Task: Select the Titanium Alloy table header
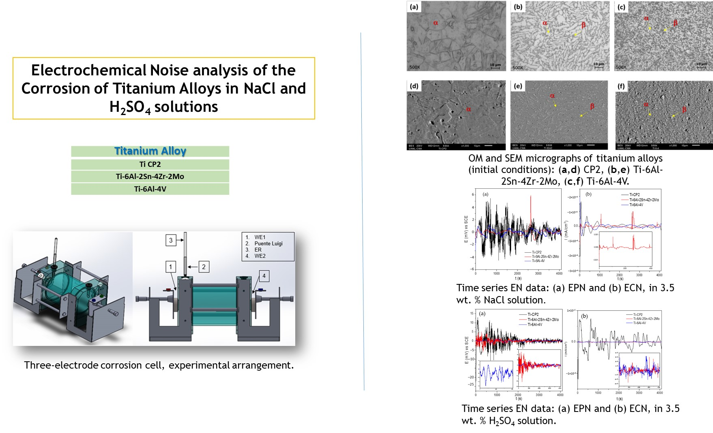click(x=150, y=151)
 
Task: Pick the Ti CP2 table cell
click(x=150, y=164)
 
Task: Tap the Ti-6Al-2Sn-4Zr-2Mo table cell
click(x=150, y=176)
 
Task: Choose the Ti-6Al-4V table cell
click(x=150, y=189)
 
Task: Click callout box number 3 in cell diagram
click(x=171, y=240)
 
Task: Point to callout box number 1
click(x=171, y=267)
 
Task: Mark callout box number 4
click(x=264, y=276)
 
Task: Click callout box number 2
click(x=204, y=267)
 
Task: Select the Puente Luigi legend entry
click(x=268, y=243)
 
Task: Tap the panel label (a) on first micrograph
click(x=414, y=7)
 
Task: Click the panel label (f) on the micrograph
click(x=621, y=86)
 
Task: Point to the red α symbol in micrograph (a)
click(x=436, y=23)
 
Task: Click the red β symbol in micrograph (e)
click(x=592, y=106)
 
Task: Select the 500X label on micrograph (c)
click(x=621, y=67)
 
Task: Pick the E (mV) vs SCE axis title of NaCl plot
click(x=466, y=229)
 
